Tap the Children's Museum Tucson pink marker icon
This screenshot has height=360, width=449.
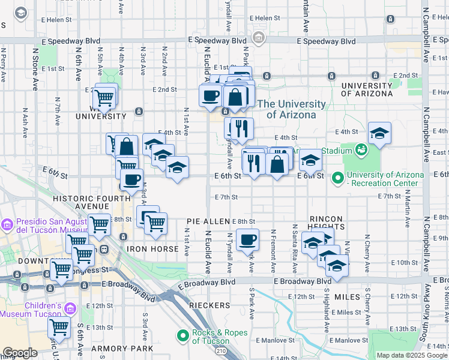[71, 308]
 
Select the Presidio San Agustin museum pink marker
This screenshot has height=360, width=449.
[7, 225]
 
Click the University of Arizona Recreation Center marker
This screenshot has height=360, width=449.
[338, 178]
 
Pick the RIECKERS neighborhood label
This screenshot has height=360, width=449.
[209, 305]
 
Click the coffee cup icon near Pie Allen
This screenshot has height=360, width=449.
[247, 241]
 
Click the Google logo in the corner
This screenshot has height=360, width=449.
[20, 353]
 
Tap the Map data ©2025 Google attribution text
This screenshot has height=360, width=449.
[412, 355]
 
